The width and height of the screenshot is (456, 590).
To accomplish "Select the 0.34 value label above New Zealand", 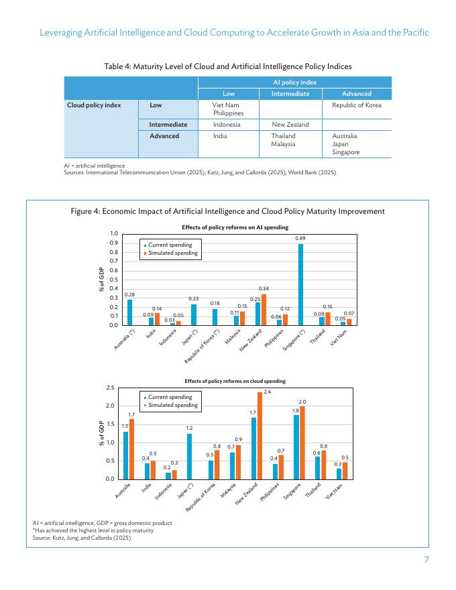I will [264, 288].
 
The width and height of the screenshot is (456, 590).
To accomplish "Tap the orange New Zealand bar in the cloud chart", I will [260, 435].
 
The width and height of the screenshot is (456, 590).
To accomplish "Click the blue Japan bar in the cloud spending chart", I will [190, 456].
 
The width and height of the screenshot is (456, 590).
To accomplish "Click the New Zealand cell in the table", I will [290, 125].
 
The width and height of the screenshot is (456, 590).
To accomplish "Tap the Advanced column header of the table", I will [356, 94].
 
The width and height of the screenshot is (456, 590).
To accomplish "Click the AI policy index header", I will [294, 82].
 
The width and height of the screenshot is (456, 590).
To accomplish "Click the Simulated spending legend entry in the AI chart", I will [173, 253].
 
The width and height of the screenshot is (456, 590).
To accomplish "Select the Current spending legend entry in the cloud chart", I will [170, 397].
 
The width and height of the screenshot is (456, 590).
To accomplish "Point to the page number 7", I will [426, 560].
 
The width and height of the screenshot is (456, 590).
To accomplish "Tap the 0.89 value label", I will [300, 239].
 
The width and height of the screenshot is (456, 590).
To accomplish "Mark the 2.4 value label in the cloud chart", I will [267, 392].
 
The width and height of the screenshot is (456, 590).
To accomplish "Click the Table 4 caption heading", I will [228, 66].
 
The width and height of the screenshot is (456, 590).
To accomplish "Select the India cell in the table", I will [219, 135].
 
